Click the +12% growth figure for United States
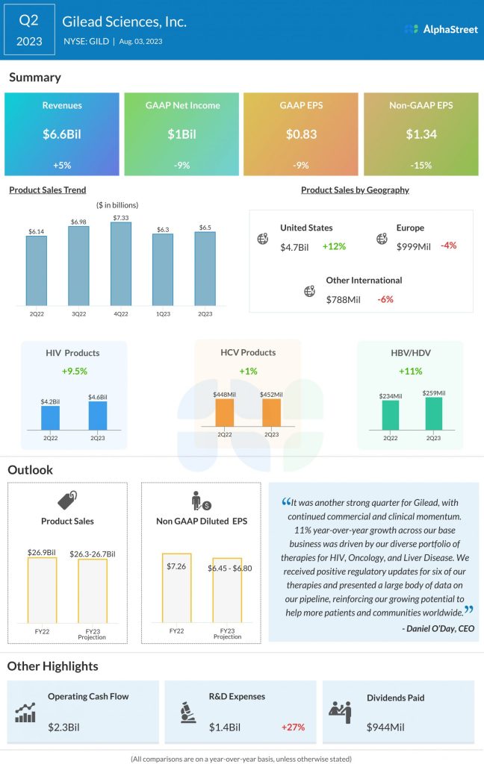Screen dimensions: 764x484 click(x=334, y=246)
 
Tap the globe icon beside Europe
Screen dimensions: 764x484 click(x=382, y=239)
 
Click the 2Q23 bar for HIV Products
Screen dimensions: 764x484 click(x=98, y=416)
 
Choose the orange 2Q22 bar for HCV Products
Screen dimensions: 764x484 click(x=225, y=413)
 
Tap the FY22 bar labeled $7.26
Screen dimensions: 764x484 click(x=177, y=588)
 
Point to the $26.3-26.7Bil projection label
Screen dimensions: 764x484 click(x=93, y=553)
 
